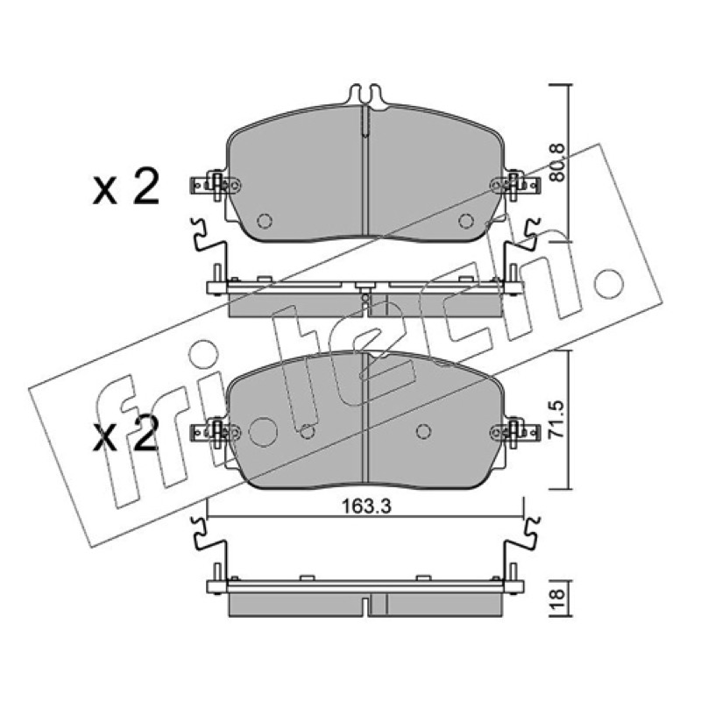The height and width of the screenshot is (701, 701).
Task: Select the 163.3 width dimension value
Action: (x=366, y=506)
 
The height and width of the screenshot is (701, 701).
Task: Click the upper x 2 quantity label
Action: (x=126, y=186)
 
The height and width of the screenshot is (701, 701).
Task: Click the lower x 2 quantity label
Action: (x=126, y=433)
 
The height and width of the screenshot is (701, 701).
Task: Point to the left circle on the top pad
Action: (x=265, y=221)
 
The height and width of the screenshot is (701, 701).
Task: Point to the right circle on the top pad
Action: (x=466, y=221)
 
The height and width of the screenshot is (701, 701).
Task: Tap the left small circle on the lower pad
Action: (x=308, y=431)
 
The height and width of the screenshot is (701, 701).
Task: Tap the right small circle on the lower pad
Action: (x=423, y=431)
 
